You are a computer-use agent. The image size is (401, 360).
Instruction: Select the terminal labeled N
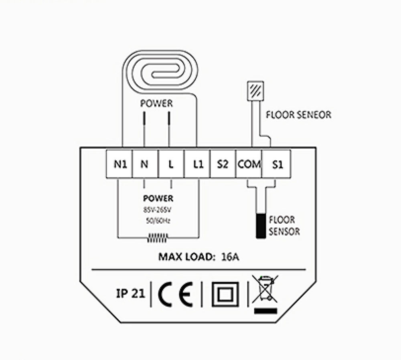click(144, 164)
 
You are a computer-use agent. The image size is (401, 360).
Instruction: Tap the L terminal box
click(171, 164)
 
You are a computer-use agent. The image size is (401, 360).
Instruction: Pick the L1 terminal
click(197, 164)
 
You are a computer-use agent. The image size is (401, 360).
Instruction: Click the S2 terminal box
click(223, 164)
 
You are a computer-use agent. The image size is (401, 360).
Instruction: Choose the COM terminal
click(249, 164)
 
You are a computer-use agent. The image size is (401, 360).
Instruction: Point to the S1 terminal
click(276, 164)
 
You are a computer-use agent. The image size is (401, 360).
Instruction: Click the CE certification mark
click(175, 294)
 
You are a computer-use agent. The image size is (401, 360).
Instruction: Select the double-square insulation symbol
click(225, 294)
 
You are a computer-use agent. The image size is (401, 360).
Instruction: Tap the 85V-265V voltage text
click(157, 210)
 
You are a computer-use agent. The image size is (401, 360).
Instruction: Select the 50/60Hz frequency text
click(158, 220)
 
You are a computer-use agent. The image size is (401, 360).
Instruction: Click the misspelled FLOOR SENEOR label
click(299, 115)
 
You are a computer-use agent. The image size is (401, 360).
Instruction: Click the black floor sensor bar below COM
click(261, 227)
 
